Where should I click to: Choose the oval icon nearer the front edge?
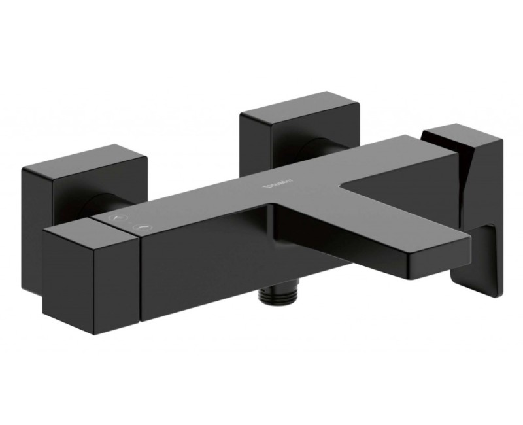coord(141,228)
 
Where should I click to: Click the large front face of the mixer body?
coord(209,262)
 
